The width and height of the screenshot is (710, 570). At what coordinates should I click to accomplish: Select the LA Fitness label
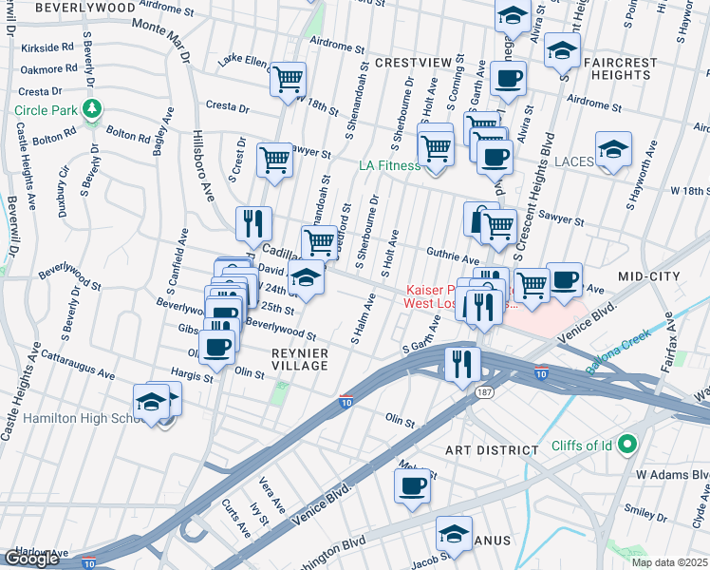389,165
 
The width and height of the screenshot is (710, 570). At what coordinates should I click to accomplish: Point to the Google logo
31,558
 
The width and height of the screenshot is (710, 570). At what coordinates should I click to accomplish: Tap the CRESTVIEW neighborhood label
412,63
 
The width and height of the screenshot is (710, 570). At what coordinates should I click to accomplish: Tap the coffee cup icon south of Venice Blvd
412,485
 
